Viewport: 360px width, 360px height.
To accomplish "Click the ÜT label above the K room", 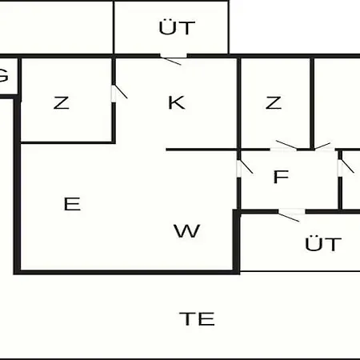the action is coord(177,27).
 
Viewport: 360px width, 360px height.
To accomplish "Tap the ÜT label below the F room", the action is coord(323,243).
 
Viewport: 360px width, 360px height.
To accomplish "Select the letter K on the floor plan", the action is coord(177,102).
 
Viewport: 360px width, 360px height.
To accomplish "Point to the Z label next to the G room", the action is coord(62,102).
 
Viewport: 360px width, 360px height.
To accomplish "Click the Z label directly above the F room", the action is coord(274,102).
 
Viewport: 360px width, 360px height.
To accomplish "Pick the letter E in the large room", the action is coord(72,204).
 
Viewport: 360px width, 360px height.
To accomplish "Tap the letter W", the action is coord(186,231).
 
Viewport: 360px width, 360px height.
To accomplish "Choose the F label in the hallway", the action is coord(281,177).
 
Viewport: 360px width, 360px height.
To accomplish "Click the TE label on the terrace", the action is coord(197,318).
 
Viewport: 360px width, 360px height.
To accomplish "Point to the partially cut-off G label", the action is coord(3,76).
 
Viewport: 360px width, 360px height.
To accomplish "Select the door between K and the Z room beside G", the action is coord(118,93).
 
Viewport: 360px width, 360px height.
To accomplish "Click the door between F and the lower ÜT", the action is coord(291,214).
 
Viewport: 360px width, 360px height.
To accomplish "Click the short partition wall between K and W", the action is coord(202,150).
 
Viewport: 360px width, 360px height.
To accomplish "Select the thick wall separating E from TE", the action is coord(127,272).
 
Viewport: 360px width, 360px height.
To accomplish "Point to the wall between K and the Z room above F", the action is coord(239,103).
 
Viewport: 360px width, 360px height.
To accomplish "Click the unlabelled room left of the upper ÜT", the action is coord(57,27).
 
